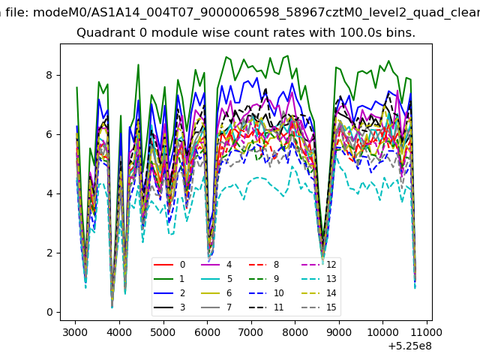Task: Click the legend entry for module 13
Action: [319, 279]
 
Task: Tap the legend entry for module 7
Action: [216, 307]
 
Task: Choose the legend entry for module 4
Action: [216, 265]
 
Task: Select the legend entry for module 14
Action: [319, 293]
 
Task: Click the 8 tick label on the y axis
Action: [49, 75]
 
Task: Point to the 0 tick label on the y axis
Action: [49, 312]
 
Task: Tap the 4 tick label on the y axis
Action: [49, 193]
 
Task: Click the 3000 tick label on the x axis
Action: [75, 332]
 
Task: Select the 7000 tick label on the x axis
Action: [251, 332]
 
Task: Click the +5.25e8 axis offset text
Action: [410, 346]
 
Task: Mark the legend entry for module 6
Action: [216, 293]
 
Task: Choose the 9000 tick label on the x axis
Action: [339, 332]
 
